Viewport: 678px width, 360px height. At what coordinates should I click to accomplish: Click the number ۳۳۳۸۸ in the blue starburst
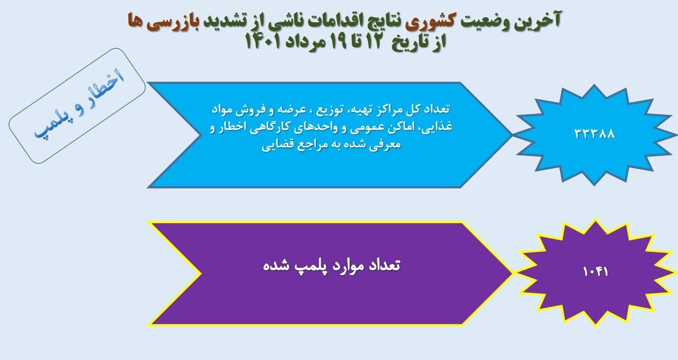coord(594,133)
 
